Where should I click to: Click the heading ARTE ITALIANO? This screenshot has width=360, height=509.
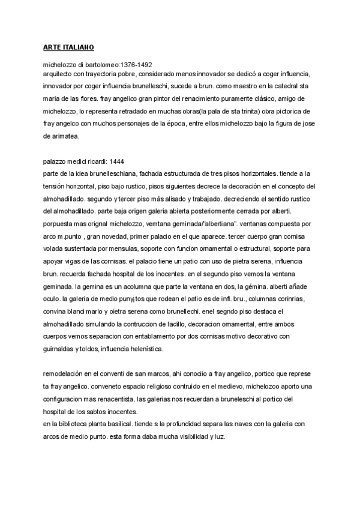68,47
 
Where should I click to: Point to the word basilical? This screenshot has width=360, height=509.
136,424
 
